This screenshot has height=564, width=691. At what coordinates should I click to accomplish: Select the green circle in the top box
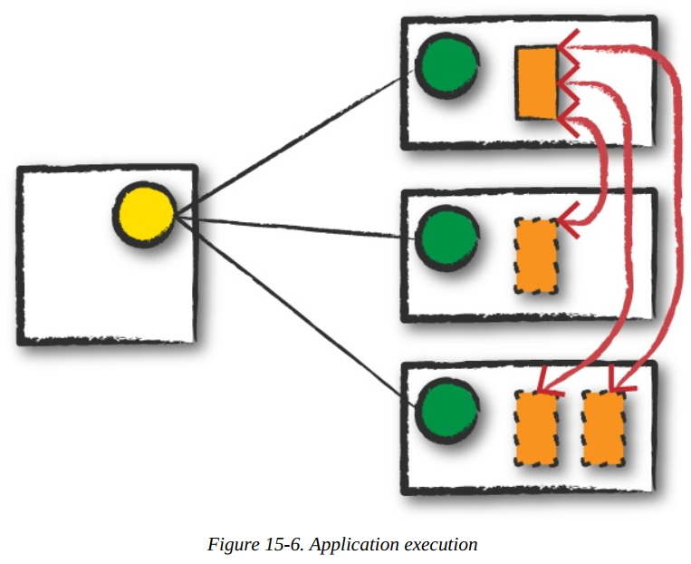pyautogui.click(x=446, y=69)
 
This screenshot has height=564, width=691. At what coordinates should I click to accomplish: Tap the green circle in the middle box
pyautogui.click(x=446, y=237)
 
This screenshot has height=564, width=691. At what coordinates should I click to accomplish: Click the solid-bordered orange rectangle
pyautogui.click(x=536, y=83)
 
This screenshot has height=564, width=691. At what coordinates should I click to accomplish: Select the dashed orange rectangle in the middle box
pyautogui.click(x=536, y=255)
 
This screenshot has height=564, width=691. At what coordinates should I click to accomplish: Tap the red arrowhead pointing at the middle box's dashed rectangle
pyautogui.click(x=569, y=219)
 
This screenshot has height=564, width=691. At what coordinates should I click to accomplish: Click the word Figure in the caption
pyautogui.click(x=230, y=545)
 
